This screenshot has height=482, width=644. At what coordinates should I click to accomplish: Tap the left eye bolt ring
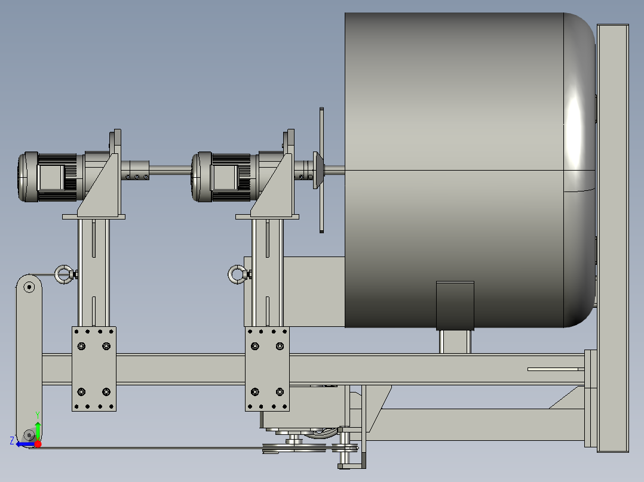point(63,274)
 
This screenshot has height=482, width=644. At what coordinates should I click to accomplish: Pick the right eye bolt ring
point(235,274)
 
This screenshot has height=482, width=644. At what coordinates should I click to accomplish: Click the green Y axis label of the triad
point(37,413)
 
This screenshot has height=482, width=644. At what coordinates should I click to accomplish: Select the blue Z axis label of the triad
point(12,441)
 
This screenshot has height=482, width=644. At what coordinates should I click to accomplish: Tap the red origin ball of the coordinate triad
point(38,443)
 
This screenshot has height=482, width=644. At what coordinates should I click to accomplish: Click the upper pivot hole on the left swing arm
point(29,287)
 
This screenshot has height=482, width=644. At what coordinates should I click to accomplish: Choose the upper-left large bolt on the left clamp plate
point(82,346)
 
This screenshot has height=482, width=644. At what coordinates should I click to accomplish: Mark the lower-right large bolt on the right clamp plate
point(280,392)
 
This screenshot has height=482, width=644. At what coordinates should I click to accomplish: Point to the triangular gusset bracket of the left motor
point(100,188)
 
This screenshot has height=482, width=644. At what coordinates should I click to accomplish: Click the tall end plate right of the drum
point(613,239)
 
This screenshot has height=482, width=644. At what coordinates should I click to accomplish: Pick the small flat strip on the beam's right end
point(556,369)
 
